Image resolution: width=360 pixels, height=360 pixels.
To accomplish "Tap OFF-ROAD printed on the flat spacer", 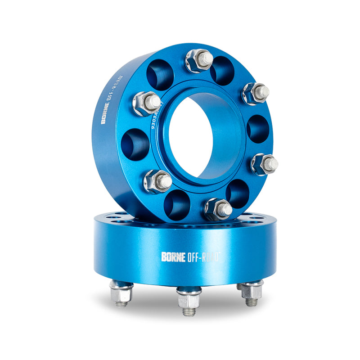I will tap(202, 257).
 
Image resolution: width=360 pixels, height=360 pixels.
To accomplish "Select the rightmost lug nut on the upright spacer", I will tap(264, 164).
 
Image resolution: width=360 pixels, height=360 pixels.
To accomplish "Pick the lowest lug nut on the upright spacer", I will tap(218, 209).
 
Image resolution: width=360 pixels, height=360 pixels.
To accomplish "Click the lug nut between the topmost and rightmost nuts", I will tap(255, 93).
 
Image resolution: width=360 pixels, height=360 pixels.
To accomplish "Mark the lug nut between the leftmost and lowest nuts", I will tap(157, 181).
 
